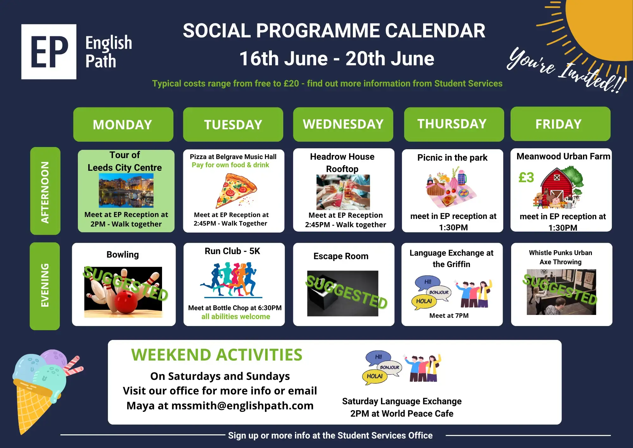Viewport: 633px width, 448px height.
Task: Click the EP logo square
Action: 49,52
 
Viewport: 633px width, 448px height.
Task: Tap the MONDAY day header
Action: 123,124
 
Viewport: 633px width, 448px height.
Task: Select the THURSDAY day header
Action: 454,124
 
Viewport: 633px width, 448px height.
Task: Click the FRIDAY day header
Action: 560,124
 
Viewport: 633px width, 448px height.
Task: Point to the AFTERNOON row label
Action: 45,191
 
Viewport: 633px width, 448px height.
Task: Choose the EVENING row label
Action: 45,286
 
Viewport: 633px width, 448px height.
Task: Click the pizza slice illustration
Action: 236,190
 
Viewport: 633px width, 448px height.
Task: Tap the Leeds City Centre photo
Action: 126,191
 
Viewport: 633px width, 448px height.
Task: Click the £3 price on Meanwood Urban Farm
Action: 526,177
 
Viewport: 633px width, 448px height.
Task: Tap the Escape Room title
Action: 341,256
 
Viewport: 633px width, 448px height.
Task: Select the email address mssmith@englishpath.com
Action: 242,406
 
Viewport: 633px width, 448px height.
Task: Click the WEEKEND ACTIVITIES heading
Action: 217,355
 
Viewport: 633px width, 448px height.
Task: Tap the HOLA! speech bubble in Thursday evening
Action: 424,301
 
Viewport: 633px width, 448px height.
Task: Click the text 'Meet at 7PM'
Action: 449,316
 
